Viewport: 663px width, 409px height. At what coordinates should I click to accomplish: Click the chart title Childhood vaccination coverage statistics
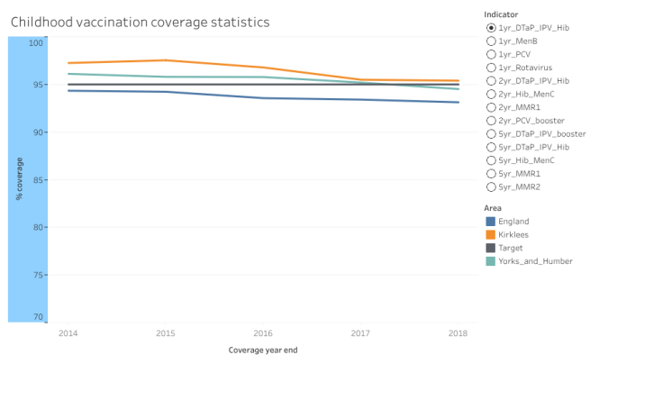tap(140, 21)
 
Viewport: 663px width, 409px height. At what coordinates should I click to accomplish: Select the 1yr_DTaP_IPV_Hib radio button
tap(491, 28)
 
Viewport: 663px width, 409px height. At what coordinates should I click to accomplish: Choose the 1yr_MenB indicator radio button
tap(491, 41)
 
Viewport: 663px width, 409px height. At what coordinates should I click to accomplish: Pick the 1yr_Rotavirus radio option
tap(491, 68)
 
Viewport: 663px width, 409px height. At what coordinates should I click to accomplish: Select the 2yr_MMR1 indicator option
tap(491, 107)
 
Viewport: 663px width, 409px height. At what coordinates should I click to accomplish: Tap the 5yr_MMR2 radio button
tap(491, 186)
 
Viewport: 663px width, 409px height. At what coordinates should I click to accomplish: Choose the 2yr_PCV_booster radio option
tap(491, 121)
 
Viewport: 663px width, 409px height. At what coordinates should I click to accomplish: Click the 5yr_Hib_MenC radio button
tap(491, 160)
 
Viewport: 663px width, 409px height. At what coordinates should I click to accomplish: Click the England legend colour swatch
tap(491, 222)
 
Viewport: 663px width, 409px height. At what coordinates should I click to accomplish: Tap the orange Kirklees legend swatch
tap(491, 234)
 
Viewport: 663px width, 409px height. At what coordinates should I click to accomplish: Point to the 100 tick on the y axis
tap(35, 43)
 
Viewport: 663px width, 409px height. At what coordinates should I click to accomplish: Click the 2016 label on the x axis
tap(262, 333)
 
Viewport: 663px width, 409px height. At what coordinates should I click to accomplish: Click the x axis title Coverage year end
tap(262, 350)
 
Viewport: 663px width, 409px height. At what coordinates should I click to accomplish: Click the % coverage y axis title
tap(19, 178)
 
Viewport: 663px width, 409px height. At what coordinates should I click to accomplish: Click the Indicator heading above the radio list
tap(501, 14)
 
